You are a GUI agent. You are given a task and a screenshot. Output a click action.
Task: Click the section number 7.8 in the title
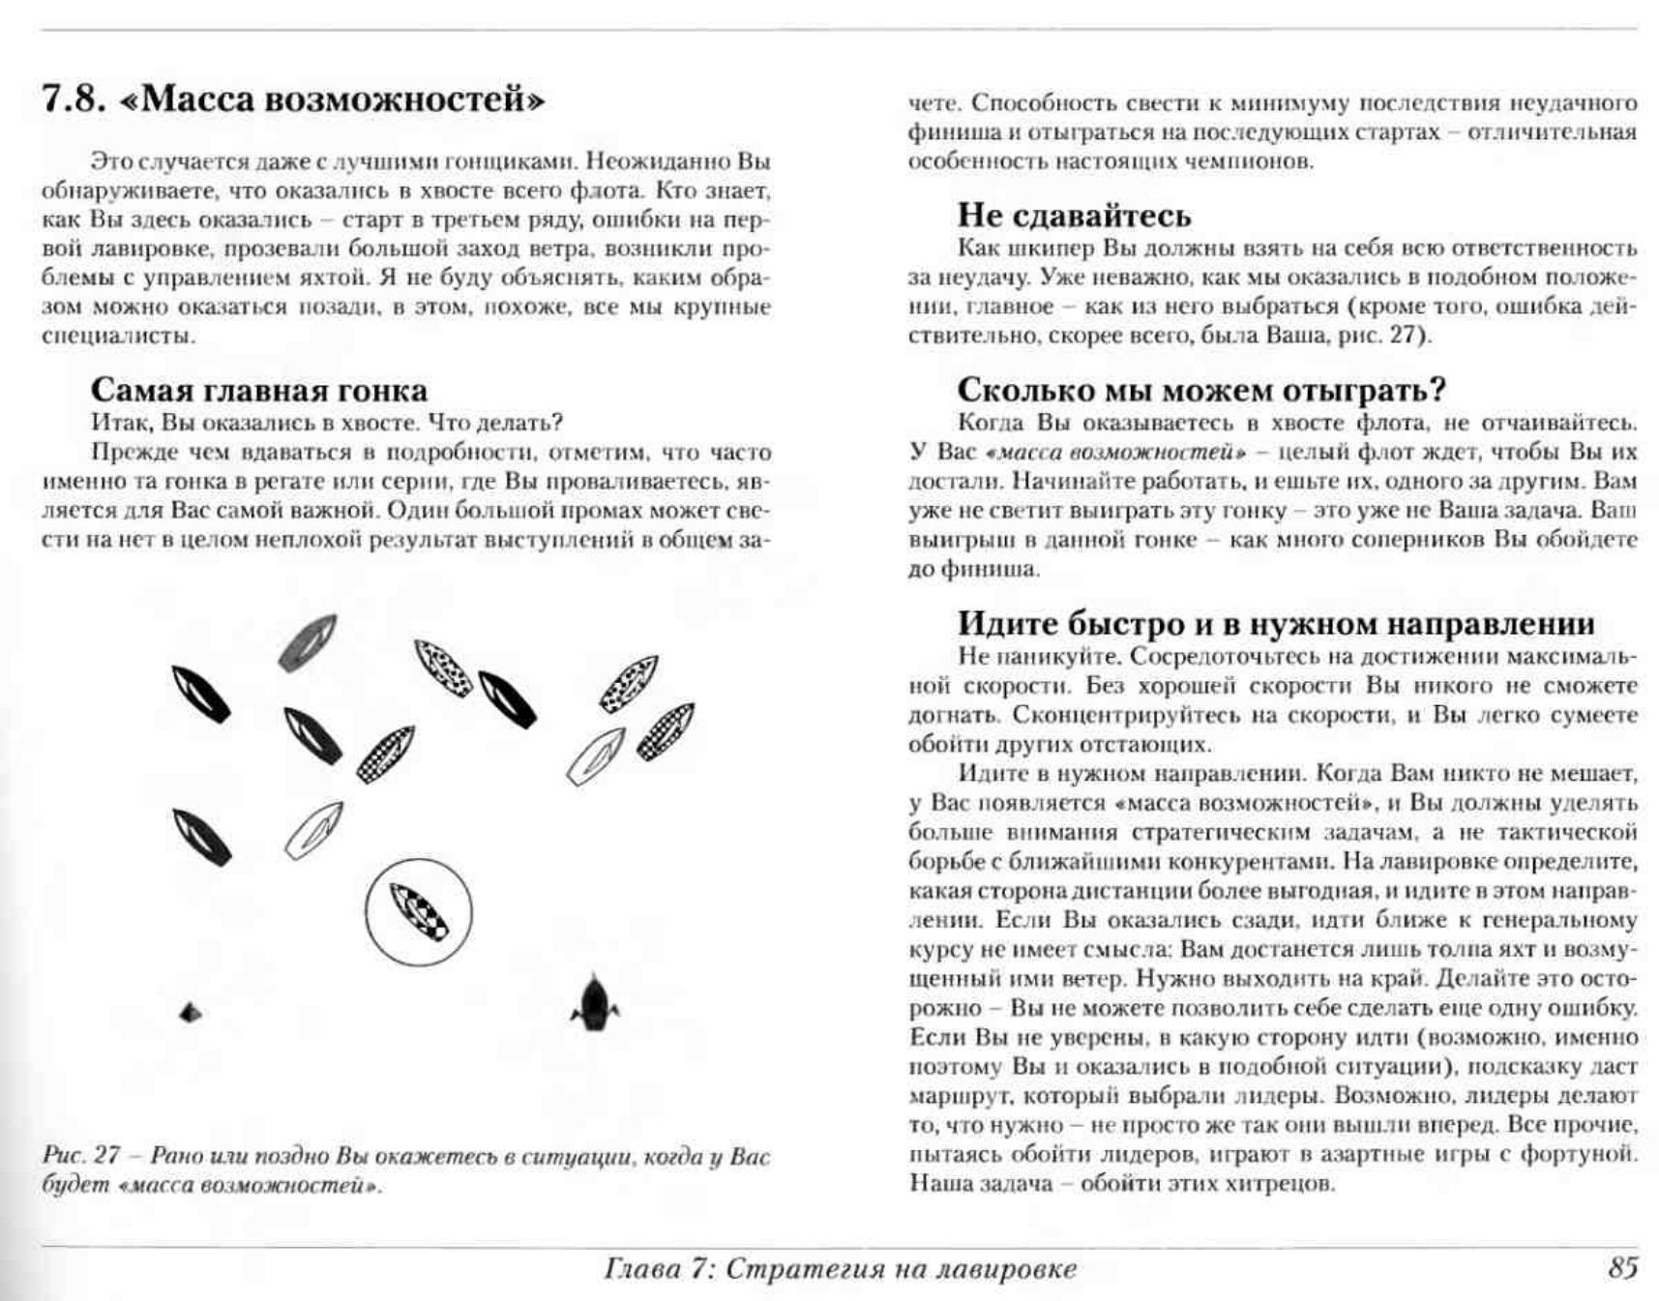(x=74, y=100)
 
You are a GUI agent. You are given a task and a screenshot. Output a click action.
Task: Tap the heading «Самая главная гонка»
(x=258, y=390)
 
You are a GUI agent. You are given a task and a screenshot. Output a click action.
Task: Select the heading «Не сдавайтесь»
(x=1074, y=215)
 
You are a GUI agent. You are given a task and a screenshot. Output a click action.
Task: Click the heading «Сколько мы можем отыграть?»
(x=1200, y=390)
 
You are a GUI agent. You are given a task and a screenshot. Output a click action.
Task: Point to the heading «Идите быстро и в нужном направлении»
(x=1275, y=624)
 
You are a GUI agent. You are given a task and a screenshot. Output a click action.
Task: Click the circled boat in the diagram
(x=419, y=912)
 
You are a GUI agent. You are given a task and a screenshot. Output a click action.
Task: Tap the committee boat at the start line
(x=594, y=1005)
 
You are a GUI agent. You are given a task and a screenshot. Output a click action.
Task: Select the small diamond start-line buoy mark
(x=191, y=1013)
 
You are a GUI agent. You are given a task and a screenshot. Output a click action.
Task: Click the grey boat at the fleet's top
(x=308, y=642)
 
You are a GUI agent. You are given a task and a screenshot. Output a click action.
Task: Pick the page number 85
(x=1623, y=1268)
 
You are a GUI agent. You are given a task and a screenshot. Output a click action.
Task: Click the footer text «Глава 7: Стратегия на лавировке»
(x=839, y=1269)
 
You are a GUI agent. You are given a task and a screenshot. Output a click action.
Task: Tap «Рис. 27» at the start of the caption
(x=81, y=1156)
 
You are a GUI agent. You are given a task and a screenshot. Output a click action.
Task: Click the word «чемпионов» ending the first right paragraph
(x=1258, y=162)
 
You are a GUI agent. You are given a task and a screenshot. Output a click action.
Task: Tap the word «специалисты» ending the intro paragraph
(x=118, y=337)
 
